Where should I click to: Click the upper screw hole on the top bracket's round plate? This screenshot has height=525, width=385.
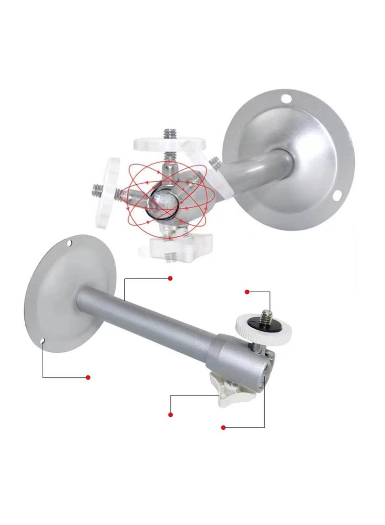coord(286,100)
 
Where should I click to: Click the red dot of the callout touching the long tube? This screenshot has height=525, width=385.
coord(170,278)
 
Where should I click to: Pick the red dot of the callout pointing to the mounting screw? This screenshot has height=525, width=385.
coord(247,292)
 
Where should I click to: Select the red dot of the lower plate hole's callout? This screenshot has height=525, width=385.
coord(88,377)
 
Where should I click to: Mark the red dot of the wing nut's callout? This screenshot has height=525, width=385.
coord(170,414)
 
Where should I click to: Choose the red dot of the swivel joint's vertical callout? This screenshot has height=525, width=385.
coord(223,427)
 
